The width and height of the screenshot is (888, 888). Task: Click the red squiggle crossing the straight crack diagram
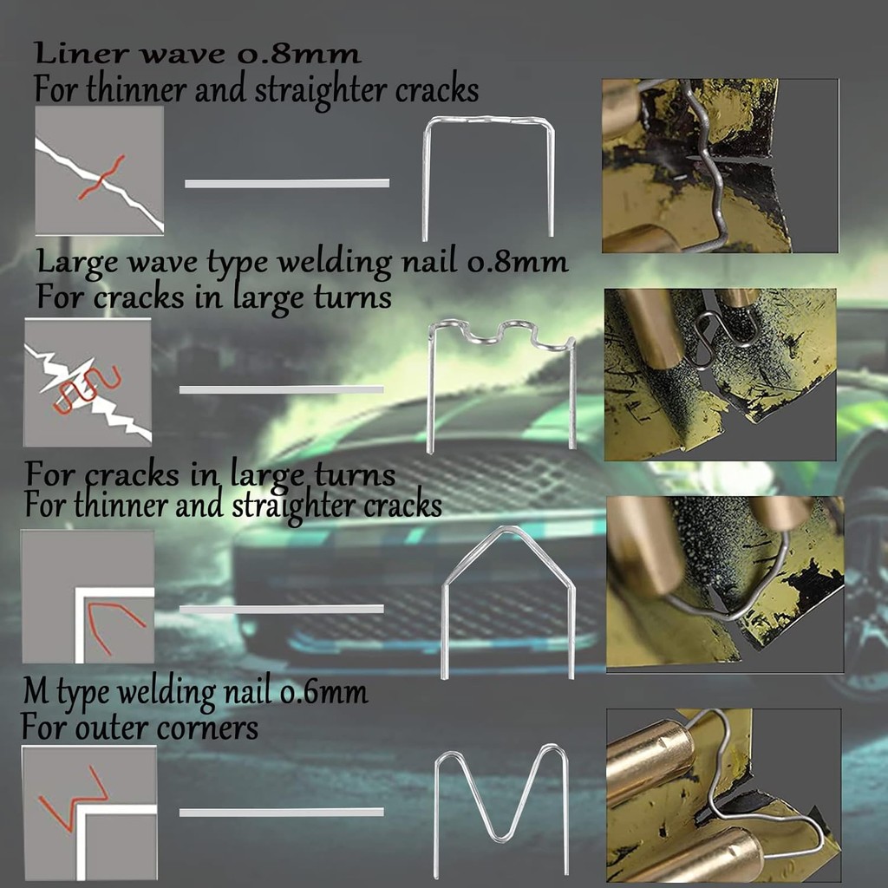(x=101, y=177)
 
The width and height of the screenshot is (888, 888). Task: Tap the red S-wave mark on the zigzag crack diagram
(x=88, y=388)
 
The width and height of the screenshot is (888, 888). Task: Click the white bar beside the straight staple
(x=287, y=184)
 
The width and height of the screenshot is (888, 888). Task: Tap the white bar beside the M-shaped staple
(x=282, y=812)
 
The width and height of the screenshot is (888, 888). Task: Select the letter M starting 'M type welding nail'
(x=36, y=692)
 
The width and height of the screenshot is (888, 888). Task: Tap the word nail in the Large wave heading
(x=428, y=262)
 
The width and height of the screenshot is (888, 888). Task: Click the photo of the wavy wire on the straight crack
(x=720, y=166)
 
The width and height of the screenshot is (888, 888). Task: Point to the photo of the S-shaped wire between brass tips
(x=720, y=375)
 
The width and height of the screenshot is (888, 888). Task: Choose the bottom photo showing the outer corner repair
(x=724, y=795)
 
